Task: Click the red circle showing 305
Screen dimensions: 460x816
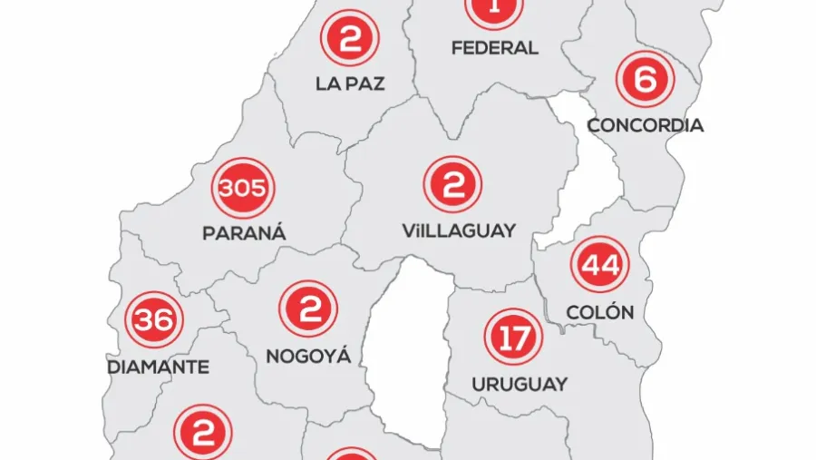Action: (243, 189)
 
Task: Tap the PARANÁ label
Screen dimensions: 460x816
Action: (244, 233)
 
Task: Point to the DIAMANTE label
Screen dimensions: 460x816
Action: (158, 367)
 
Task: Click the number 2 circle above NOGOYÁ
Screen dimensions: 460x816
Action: (309, 309)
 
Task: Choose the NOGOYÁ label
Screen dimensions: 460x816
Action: (308, 357)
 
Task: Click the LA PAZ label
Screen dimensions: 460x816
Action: (350, 83)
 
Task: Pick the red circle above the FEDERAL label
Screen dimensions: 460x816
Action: (494, 9)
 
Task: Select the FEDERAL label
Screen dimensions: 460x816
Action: (495, 47)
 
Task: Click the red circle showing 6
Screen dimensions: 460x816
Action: (645, 79)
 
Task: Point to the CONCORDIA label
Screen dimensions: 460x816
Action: (646, 125)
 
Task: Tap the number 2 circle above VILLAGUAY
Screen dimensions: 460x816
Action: (452, 184)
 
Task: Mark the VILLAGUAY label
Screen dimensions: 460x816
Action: (459, 230)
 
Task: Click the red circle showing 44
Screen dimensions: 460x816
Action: (599, 265)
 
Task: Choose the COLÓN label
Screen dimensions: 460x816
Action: (599, 312)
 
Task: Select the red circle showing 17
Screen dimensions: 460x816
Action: (514, 338)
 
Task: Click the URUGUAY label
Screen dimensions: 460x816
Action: (520, 384)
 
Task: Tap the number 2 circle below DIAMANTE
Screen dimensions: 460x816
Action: (203, 433)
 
